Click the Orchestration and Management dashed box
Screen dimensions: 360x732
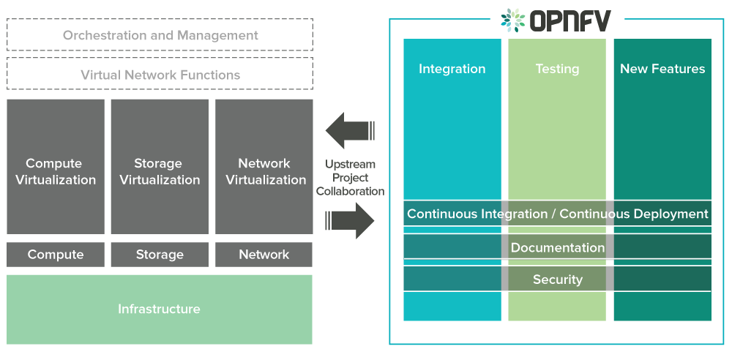click(x=160, y=35)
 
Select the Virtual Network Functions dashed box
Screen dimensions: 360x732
click(x=160, y=75)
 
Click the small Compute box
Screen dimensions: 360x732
click(x=56, y=255)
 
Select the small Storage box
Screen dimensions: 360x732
click(x=160, y=255)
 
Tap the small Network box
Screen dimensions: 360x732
click(x=264, y=255)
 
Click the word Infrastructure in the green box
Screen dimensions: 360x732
click(x=159, y=310)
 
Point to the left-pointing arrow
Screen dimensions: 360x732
click(x=349, y=131)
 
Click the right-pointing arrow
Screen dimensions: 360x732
click(x=351, y=220)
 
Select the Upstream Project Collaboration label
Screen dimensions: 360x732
click(x=350, y=178)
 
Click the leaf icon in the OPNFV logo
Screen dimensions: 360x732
click(x=513, y=20)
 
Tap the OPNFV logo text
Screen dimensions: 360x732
click(x=569, y=20)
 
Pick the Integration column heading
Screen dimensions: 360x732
click(x=452, y=69)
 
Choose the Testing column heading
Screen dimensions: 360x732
click(x=557, y=69)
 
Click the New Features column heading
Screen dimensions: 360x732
click(x=662, y=69)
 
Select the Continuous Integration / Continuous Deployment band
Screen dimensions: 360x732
click(x=557, y=214)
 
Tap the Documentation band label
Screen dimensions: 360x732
click(x=557, y=247)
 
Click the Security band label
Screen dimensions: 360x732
click(x=557, y=280)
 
